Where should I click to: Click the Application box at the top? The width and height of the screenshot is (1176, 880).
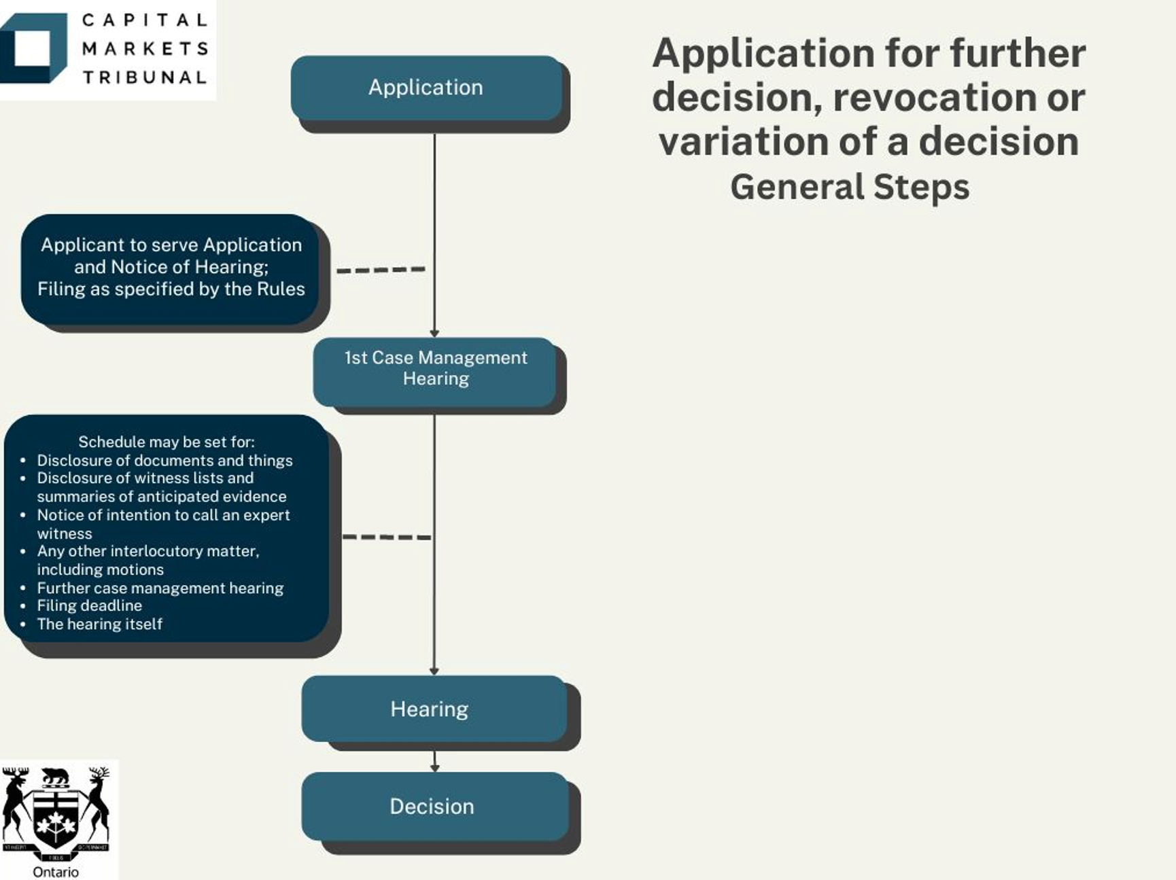click(427, 88)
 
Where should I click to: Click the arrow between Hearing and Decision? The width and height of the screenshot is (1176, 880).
click(435, 761)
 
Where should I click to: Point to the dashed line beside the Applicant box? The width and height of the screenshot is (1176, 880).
click(381, 270)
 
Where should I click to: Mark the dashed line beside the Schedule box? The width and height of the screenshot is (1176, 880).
click(387, 537)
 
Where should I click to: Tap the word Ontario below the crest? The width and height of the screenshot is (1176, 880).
click(56, 872)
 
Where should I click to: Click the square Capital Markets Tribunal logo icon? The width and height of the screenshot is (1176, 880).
click(33, 48)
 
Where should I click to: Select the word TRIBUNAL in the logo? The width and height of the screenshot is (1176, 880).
click(145, 77)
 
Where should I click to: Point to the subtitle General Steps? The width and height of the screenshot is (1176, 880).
click(850, 187)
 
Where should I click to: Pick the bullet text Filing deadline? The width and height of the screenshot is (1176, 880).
click(90, 605)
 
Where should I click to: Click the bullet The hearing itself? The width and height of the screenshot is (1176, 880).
click(100, 624)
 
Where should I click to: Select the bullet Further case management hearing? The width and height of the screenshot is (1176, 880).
click(160, 588)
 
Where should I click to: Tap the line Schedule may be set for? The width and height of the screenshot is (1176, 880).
click(167, 442)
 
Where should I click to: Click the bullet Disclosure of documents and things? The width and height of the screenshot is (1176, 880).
click(165, 460)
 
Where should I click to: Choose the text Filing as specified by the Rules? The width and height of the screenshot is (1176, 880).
click(171, 289)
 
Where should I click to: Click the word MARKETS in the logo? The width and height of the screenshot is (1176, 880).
click(145, 49)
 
